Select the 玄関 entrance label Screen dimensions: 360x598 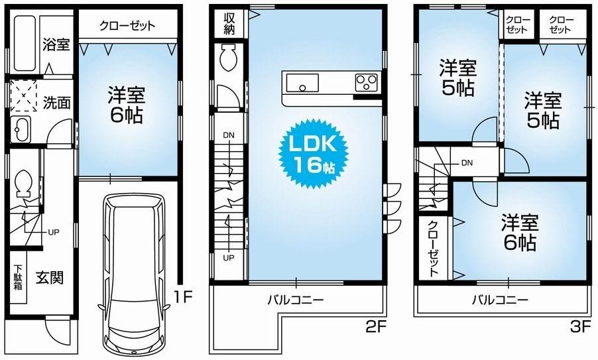49,278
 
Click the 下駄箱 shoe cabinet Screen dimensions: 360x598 17,278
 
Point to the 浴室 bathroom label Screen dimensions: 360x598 56,45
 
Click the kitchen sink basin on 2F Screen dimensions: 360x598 303,84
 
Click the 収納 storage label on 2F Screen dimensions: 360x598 229,24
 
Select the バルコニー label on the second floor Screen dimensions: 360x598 295,300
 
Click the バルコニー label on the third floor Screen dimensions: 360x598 501,300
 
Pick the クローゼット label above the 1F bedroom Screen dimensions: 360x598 127,26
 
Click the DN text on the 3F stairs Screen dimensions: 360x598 467,162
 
